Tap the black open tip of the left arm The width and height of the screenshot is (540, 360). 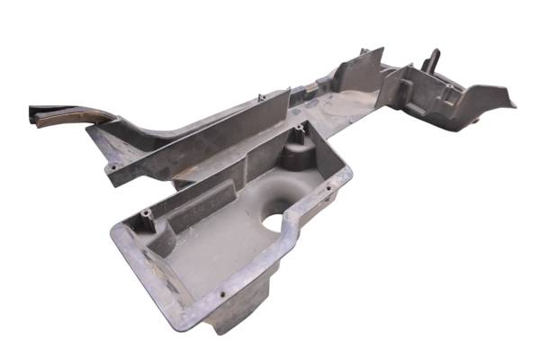click(x=36, y=113)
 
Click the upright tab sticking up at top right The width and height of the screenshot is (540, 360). click(x=433, y=59)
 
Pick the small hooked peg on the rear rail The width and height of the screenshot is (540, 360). click(x=260, y=98)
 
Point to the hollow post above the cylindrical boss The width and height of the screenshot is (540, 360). click(x=296, y=134)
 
